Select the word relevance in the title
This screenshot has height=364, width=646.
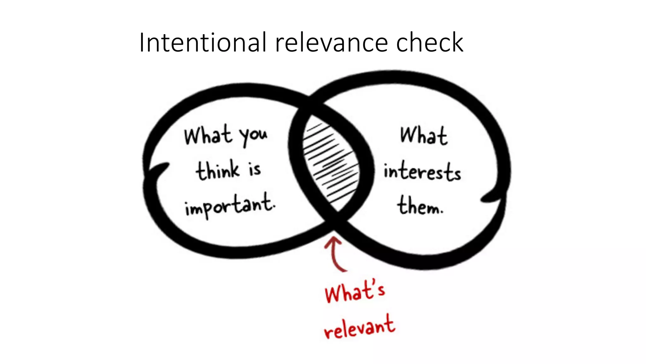[332, 43]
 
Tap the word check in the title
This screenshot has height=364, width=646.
[429, 42]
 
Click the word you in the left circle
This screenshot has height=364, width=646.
[253, 136]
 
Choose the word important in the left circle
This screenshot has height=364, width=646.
[229, 205]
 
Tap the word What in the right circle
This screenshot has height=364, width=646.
[424, 136]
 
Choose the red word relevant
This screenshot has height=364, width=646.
[360, 327]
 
